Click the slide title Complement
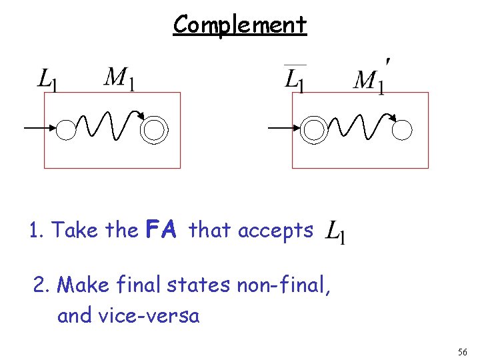tap(239, 25)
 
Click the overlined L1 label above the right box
tap(295, 79)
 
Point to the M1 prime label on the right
tap(370, 79)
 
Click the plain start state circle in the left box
tap(66, 129)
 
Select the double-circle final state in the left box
tap(154, 129)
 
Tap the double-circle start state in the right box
tap(313, 129)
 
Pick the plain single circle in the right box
tap(402, 130)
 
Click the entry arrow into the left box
tap(39, 127)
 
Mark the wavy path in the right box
tap(357, 125)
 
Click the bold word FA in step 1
tap(160, 231)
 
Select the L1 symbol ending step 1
tap(335, 233)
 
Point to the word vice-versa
tap(129, 315)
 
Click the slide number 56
tap(462, 351)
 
